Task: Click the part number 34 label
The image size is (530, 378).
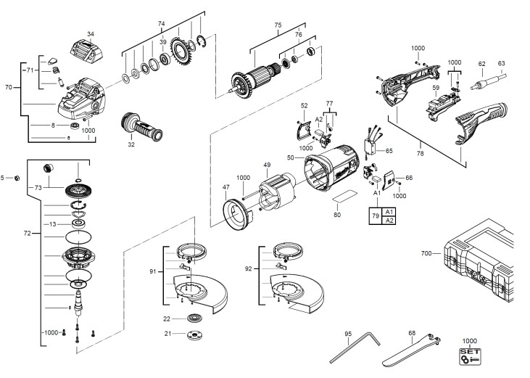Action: point(90,34)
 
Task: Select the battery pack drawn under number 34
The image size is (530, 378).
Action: point(86,52)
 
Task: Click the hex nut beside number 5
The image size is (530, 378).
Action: point(17,178)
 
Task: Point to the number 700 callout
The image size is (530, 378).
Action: point(426,253)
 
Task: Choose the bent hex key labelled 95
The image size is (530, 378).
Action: point(355,347)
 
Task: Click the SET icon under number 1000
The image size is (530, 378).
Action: point(470,356)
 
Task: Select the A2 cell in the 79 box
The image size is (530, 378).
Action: point(389,221)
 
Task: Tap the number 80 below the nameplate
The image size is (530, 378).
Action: point(337,215)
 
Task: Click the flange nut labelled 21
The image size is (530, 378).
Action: point(192,334)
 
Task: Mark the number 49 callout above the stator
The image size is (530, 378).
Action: point(267,165)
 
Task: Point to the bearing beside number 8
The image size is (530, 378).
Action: point(75,126)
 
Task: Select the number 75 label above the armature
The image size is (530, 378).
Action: point(278,25)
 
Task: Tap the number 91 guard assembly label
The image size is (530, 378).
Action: point(153,271)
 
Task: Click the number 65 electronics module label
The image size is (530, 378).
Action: point(389,150)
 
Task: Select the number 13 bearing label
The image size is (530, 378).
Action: point(53,224)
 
